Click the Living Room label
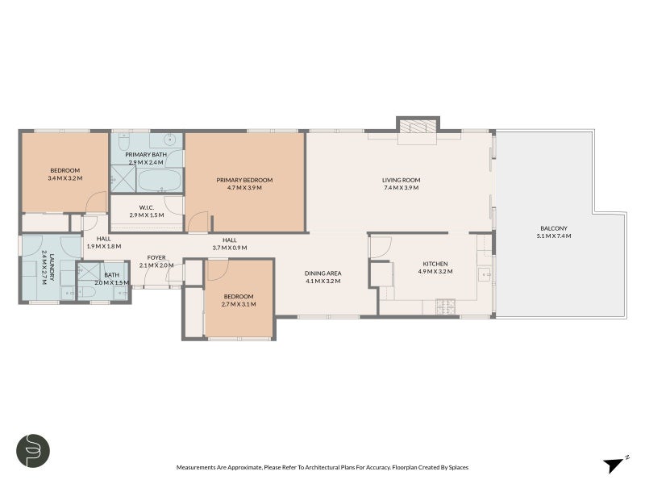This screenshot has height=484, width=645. pyautogui.click(x=401, y=180)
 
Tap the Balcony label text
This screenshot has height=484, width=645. pyautogui.click(x=554, y=228)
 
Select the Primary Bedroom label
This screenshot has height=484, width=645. pyautogui.click(x=244, y=180)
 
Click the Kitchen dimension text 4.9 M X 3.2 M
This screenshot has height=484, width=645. pyautogui.click(x=435, y=272)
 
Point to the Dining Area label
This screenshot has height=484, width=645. pyautogui.click(x=323, y=273)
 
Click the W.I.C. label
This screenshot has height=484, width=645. pyautogui.click(x=147, y=207)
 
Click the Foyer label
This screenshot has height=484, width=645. pyautogui.click(x=156, y=257)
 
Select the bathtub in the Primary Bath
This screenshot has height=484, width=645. pyautogui.click(x=159, y=180)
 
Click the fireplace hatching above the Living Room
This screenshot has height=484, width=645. pyautogui.click(x=418, y=127)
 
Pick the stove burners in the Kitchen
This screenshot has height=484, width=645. pyautogui.click(x=446, y=305)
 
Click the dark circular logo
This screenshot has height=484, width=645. pyautogui.click(x=33, y=451)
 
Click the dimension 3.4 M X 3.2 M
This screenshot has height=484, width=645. pyautogui.click(x=65, y=178)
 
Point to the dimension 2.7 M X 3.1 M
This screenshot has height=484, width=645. pyautogui.click(x=239, y=305)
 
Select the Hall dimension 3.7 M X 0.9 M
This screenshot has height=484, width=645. pyautogui.click(x=230, y=248)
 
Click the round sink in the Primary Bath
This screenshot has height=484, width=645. pyautogui.click(x=170, y=140)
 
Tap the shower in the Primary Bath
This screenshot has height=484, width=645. pyautogui.click(x=123, y=178)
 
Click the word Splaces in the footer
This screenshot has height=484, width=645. pyautogui.click(x=458, y=468)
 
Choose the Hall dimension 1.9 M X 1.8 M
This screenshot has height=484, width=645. pyautogui.click(x=104, y=247)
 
